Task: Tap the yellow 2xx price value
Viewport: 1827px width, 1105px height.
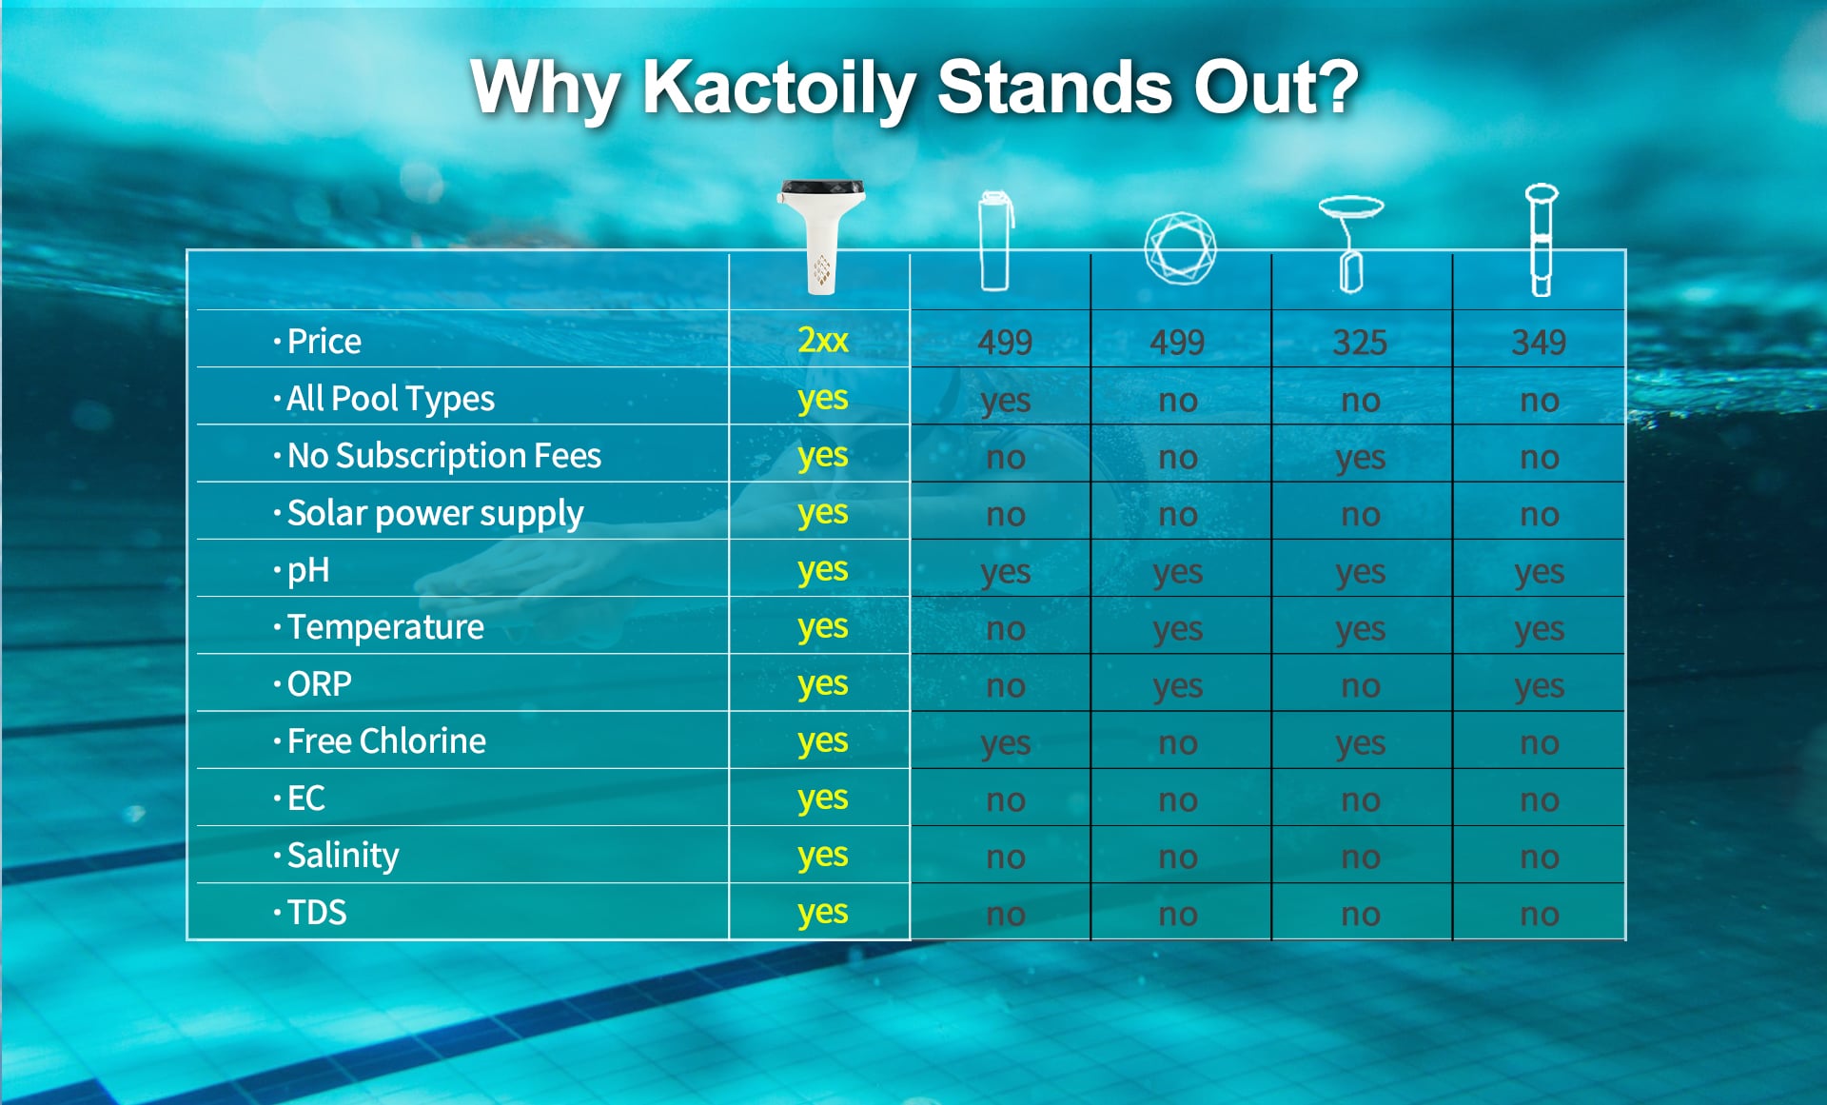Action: point(822,340)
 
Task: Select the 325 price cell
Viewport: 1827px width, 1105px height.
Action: point(1360,342)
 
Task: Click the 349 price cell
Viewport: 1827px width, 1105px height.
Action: point(1539,342)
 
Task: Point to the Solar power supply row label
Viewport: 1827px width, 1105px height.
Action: point(435,514)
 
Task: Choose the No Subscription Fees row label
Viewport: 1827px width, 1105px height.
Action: point(443,456)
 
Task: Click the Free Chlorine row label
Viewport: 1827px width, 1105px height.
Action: point(386,741)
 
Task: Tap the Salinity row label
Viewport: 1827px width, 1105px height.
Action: point(343,856)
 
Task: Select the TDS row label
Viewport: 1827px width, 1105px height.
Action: point(317,913)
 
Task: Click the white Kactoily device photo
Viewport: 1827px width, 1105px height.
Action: point(821,236)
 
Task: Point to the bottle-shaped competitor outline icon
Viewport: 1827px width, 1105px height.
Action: point(995,241)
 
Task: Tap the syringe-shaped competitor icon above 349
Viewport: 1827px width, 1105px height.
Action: point(1541,240)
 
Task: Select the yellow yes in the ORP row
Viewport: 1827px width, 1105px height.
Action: point(822,684)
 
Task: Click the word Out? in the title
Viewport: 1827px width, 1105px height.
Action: point(1276,88)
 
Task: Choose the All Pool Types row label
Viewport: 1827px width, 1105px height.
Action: point(390,400)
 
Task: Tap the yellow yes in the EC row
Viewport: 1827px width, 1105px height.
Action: point(822,799)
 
